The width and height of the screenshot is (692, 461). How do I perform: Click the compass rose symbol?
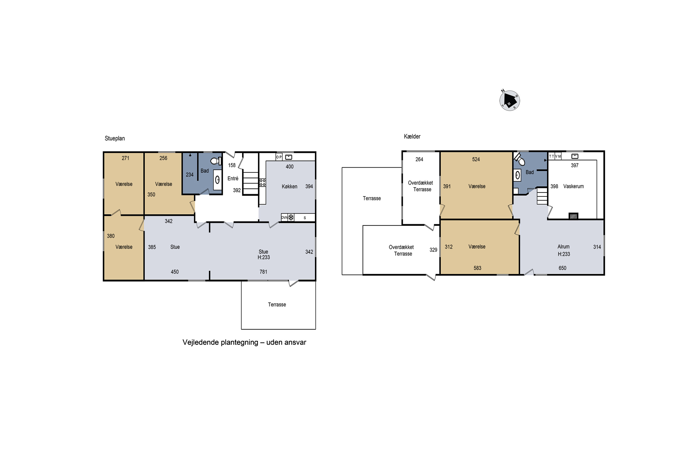tap(510, 100)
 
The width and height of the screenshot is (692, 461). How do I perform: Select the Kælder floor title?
tap(412, 136)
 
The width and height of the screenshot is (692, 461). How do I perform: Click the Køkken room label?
tap(289, 186)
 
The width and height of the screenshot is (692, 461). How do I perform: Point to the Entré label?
tap(233, 178)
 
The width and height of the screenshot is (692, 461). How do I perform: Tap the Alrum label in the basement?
tap(564, 247)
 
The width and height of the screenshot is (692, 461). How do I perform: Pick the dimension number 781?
tap(263, 272)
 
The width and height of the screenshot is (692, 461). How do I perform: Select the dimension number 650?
tap(562, 268)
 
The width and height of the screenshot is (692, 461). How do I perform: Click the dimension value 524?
tap(476, 159)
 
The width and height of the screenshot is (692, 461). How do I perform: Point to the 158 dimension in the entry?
tap(232, 165)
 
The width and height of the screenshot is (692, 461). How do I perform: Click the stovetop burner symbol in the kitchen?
tap(262, 183)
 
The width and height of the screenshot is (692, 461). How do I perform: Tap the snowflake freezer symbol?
tap(291, 218)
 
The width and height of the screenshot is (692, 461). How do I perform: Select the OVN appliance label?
tap(284, 218)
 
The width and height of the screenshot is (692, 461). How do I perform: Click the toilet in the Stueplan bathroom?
tap(216, 161)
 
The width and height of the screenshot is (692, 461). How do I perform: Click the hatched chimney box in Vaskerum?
tap(573, 216)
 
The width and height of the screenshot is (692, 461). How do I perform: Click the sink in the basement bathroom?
tap(517, 175)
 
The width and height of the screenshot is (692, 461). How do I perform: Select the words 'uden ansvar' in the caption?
tap(286, 342)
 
